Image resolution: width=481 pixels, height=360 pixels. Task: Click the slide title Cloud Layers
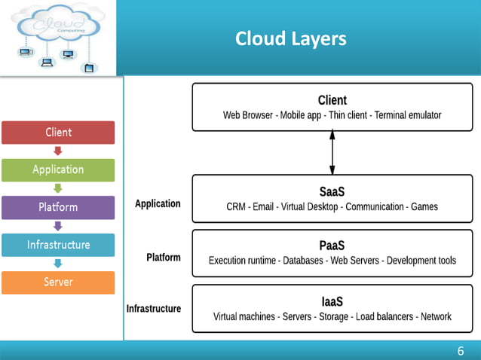point(290,38)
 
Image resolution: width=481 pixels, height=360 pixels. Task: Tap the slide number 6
point(460,351)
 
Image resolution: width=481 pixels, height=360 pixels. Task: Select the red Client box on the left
point(58,133)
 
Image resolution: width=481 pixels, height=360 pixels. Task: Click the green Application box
point(58,169)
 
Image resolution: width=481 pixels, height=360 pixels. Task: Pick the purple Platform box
point(58,207)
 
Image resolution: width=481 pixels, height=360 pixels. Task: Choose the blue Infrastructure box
point(58,245)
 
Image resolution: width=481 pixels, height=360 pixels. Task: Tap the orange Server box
point(58,282)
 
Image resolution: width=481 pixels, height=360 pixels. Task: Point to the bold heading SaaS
point(332,192)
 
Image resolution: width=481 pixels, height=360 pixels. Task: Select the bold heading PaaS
point(332,246)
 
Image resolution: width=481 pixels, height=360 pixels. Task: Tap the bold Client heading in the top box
point(332,100)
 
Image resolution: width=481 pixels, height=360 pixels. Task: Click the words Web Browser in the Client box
point(250,116)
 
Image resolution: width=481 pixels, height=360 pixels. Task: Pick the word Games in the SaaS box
point(423,206)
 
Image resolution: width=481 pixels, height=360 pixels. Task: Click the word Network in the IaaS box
point(436,316)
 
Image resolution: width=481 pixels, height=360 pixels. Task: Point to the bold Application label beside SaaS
point(158,203)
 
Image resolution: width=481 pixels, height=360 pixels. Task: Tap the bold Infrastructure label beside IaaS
point(154,308)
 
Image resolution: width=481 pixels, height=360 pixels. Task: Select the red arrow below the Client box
point(58,151)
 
